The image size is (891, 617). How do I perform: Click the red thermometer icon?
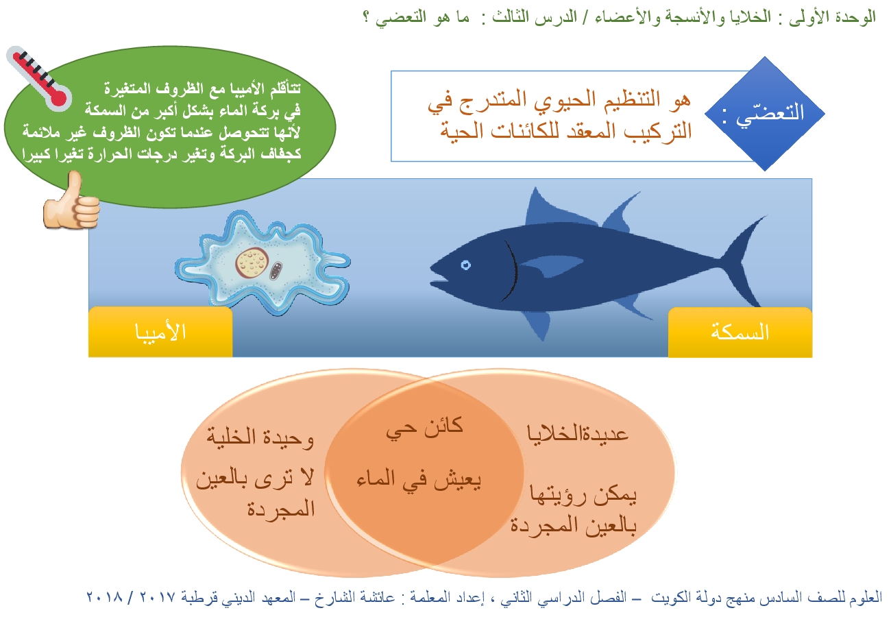pos(40,79)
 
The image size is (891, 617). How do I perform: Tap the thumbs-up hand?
pos(71,201)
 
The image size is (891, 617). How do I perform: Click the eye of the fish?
pos(466,265)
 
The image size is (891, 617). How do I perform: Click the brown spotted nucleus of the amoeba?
pos(252,263)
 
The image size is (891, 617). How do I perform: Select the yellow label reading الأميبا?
pos(160,332)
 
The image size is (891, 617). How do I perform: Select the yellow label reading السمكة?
pos(740,332)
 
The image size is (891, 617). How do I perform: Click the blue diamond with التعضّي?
pos(764,114)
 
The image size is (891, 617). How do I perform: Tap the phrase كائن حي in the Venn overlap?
pos(424,429)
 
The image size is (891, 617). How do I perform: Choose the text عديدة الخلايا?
pos(578,433)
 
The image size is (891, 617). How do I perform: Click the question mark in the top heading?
pos(367,18)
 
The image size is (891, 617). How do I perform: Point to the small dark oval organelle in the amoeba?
pos(276,271)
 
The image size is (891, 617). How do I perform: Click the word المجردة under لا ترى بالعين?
pos(281,509)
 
